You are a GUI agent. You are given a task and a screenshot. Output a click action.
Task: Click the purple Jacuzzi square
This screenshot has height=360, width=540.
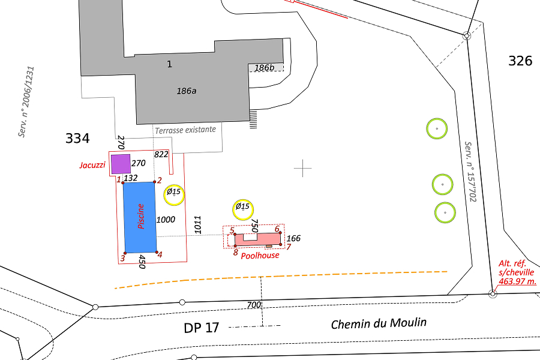point(121,164)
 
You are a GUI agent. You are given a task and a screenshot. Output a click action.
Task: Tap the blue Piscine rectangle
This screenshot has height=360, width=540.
point(140,217)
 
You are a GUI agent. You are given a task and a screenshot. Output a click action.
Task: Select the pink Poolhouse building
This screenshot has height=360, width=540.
point(257,239)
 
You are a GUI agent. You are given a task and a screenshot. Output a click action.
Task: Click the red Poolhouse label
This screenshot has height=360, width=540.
point(260,255)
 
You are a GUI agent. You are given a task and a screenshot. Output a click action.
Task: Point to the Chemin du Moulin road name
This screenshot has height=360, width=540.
point(379,323)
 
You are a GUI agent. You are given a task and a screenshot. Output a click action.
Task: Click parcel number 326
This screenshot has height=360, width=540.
point(520,61)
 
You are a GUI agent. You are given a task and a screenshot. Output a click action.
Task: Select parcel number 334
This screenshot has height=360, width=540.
point(77,138)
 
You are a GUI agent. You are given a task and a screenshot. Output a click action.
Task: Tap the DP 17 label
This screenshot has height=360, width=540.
point(202,328)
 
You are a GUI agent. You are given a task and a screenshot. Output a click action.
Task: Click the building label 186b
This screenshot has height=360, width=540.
point(265,68)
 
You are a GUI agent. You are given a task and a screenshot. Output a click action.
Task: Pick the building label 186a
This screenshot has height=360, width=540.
point(187,91)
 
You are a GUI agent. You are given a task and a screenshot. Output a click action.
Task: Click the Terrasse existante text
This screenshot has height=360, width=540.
point(185,130)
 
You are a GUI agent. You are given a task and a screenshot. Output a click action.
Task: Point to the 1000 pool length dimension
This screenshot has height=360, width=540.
point(166,220)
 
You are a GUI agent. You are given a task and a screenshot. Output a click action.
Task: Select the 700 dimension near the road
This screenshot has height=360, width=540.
point(254,305)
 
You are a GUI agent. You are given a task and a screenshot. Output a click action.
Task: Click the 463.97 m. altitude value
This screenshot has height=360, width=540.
point(518,281)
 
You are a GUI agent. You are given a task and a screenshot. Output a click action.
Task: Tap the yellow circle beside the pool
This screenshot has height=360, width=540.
point(174,195)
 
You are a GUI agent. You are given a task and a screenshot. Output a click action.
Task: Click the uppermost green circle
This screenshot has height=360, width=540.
point(437,128)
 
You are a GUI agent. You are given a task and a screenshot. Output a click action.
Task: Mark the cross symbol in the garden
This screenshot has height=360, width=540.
point(303,168)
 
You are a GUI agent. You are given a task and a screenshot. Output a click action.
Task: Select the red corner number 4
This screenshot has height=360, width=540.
point(160,254)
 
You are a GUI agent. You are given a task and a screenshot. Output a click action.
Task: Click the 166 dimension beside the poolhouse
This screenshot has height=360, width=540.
point(293,238)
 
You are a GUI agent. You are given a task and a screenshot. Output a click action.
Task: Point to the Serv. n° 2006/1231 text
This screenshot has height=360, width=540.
point(26,102)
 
